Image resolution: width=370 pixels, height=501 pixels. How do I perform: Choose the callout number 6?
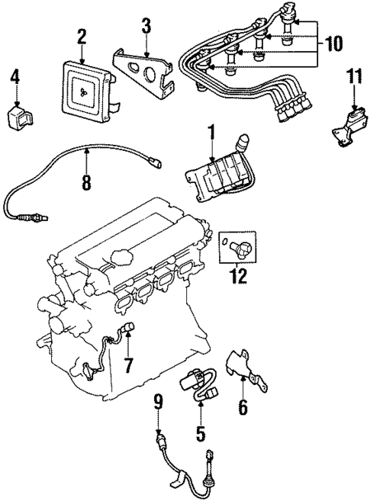coord(243,408)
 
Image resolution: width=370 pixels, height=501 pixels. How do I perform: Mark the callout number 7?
coord(128,365)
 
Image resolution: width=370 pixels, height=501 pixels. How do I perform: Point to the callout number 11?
coord(352,75)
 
